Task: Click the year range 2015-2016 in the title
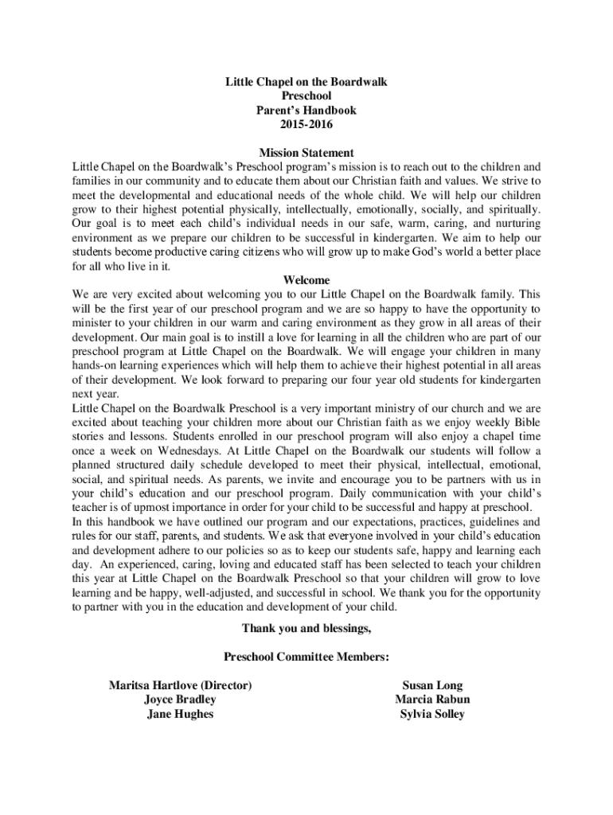click(x=306, y=125)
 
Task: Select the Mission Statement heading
click(x=306, y=153)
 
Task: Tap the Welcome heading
click(x=306, y=280)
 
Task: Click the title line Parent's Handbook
click(x=306, y=111)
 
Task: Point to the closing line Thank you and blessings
click(x=306, y=629)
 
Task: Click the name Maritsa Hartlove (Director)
click(x=181, y=685)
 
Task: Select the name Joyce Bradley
click(x=180, y=700)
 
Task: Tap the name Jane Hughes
click(x=180, y=714)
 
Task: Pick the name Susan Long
click(x=432, y=685)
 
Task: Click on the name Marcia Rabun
click(x=432, y=700)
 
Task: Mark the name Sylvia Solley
click(x=432, y=714)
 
